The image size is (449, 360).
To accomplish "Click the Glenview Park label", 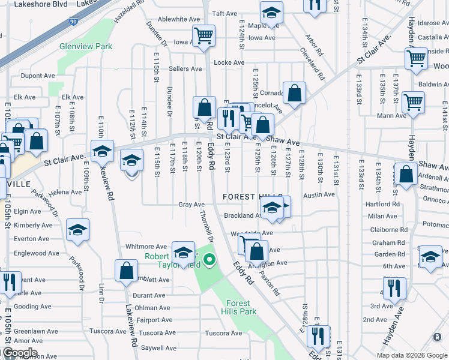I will pos(86,46).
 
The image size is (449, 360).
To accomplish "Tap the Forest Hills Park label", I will pos(239,307).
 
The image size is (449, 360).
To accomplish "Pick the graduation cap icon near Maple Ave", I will pos(271,13).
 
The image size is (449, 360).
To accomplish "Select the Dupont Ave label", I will pos(38,76).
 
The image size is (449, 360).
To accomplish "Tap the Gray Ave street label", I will pos(191,205).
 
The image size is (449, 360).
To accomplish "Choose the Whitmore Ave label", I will pos(146,247).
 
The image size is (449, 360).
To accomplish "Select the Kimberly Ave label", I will pos(33,225).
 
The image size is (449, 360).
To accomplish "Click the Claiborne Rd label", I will pos(385,229).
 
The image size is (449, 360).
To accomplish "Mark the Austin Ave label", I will pos(319,194).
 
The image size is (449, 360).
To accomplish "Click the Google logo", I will pos(19,353).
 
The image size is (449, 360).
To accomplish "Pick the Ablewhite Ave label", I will pos(179,19).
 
